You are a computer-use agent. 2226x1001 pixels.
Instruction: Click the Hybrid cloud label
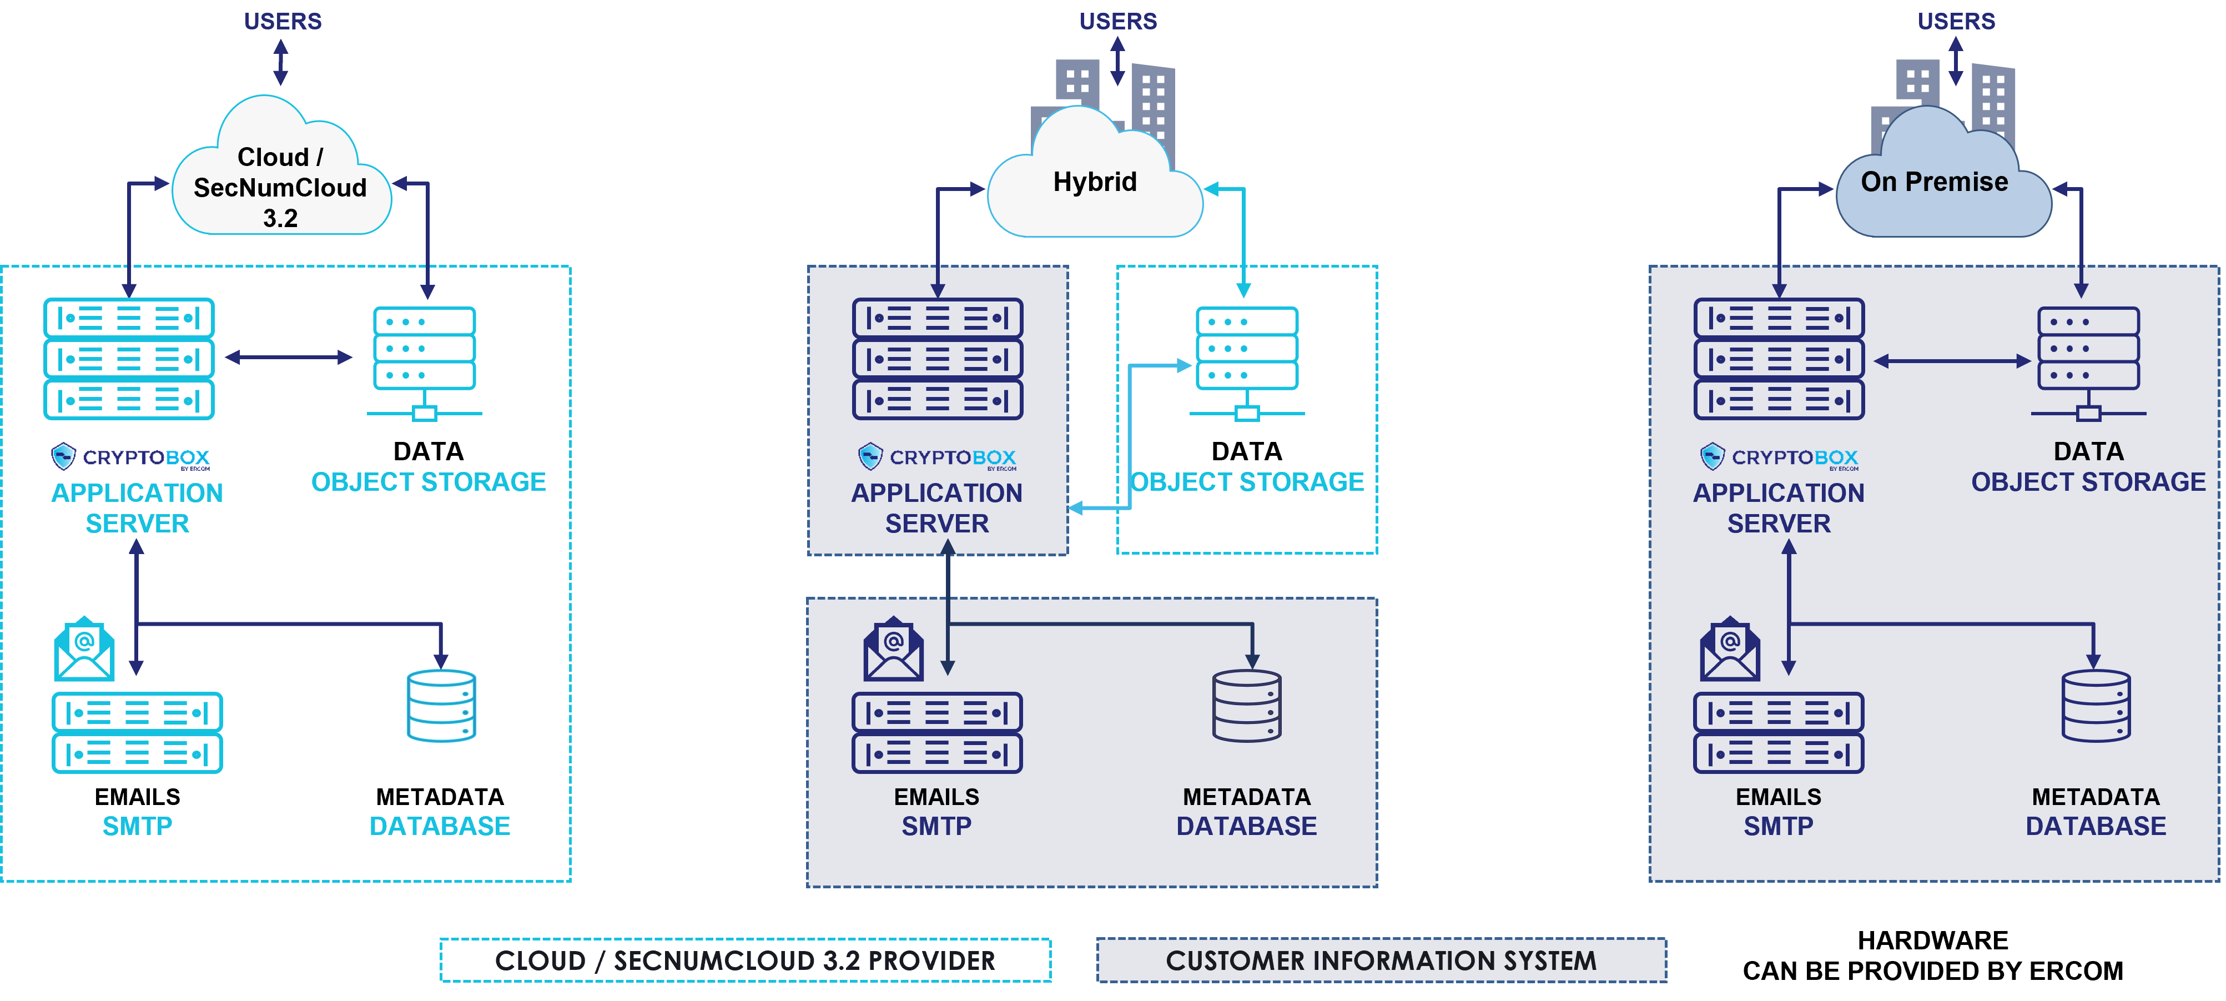coord(1094,183)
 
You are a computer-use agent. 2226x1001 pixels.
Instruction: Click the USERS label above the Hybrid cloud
coord(1117,22)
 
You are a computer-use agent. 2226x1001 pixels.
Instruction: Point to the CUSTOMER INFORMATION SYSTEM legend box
coord(1381,960)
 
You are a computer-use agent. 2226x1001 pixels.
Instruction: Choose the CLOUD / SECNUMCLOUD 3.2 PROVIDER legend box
coord(745,960)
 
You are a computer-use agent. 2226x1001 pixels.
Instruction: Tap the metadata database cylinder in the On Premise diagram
coord(2096,706)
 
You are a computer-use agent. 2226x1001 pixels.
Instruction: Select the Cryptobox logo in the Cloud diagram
coord(130,456)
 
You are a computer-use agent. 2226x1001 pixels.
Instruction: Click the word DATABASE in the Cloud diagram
coord(439,826)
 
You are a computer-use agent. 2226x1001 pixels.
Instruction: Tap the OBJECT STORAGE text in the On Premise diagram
coord(2088,482)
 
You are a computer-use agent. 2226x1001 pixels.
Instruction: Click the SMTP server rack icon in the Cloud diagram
coord(138,732)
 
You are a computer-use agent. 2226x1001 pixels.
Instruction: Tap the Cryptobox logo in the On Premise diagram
coord(1779,456)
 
